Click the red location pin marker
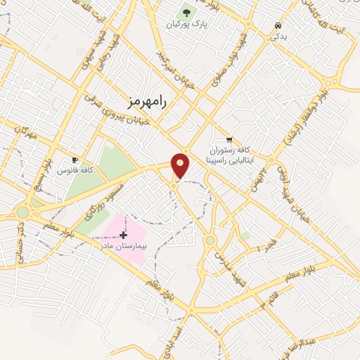click(x=181, y=165)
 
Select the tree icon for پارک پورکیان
click(x=186, y=11)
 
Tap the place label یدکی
click(x=279, y=37)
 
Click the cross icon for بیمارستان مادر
click(x=124, y=234)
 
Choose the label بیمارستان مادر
click(x=124, y=246)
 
